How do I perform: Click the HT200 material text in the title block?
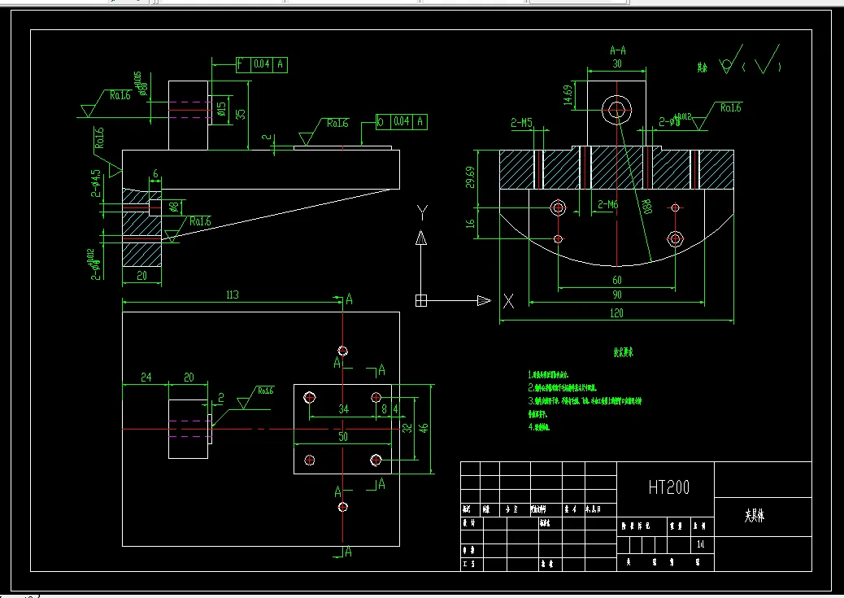(668, 487)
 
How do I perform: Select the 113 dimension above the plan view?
(232, 295)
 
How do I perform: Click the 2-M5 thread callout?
(521, 124)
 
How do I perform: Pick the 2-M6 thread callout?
(608, 205)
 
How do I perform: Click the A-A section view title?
(618, 50)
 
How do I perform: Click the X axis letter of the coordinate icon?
(509, 301)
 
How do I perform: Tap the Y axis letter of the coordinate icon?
(421, 212)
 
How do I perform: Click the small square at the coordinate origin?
(421, 300)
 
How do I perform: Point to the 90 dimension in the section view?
(616, 295)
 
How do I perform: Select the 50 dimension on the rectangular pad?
(342, 437)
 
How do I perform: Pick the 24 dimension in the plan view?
(146, 378)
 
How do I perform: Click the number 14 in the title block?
(701, 543)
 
